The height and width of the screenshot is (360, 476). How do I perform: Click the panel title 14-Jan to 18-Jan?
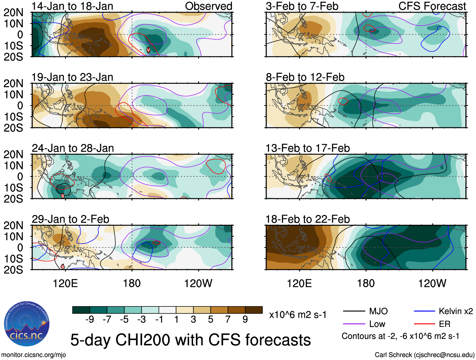pyautogui.click(x=72, y=6)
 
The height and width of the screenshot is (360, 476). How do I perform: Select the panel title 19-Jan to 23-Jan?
pyautogui.click(x=72, y=77)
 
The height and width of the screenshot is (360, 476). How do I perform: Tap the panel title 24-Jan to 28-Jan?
pyautogui.click(x=73, y=148)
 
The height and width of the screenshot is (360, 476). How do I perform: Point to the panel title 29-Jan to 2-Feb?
pyautogui.click(x=70, y=219)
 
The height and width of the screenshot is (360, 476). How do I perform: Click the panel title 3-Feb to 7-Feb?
pyautogui.click(x=302, y=6)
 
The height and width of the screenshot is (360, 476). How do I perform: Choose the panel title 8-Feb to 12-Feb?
pyautogui.click(x=305, y=77)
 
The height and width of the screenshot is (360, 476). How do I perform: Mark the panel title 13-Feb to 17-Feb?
pyautogui.click(x=307, y=148)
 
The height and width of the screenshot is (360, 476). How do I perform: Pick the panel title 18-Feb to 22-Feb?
pyautogui.click(x=307, y=219)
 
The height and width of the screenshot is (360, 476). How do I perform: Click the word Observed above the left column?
pyautogui.click(x=208, y=6)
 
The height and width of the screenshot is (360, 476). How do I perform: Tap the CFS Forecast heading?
pyautogui.click(x=432, y=6)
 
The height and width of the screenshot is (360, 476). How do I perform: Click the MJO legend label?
pyautogui.click(x=378, y=311)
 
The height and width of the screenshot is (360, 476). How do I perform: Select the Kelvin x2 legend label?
pyautogui.click(x=456, y=311)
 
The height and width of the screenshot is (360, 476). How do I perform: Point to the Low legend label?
pyautogui.click(x=377, y=324)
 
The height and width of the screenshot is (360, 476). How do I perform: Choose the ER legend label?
pyautogui.click(x=444, y=324)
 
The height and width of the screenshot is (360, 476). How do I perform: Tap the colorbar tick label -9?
pyautogui.click(x=90, y=320)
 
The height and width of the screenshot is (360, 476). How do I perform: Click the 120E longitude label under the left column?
pyautogui.click(x=65, y=283)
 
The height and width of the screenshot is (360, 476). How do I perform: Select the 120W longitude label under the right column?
pyautogui.click(x=432, y=283)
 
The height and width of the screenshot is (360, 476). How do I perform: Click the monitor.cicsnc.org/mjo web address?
pyautogui.click(x=34, y=355)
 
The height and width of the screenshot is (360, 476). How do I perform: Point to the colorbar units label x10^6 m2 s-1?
pyautogui.click(x=298, y=315)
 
